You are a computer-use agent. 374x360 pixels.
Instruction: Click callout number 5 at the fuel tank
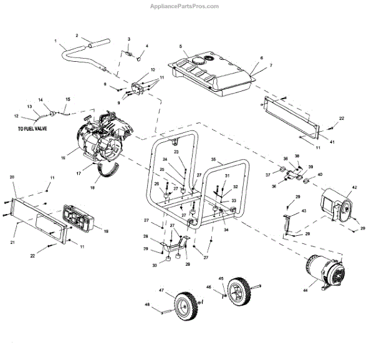point(180,47)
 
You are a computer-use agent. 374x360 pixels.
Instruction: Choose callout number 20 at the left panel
point(12,178)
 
